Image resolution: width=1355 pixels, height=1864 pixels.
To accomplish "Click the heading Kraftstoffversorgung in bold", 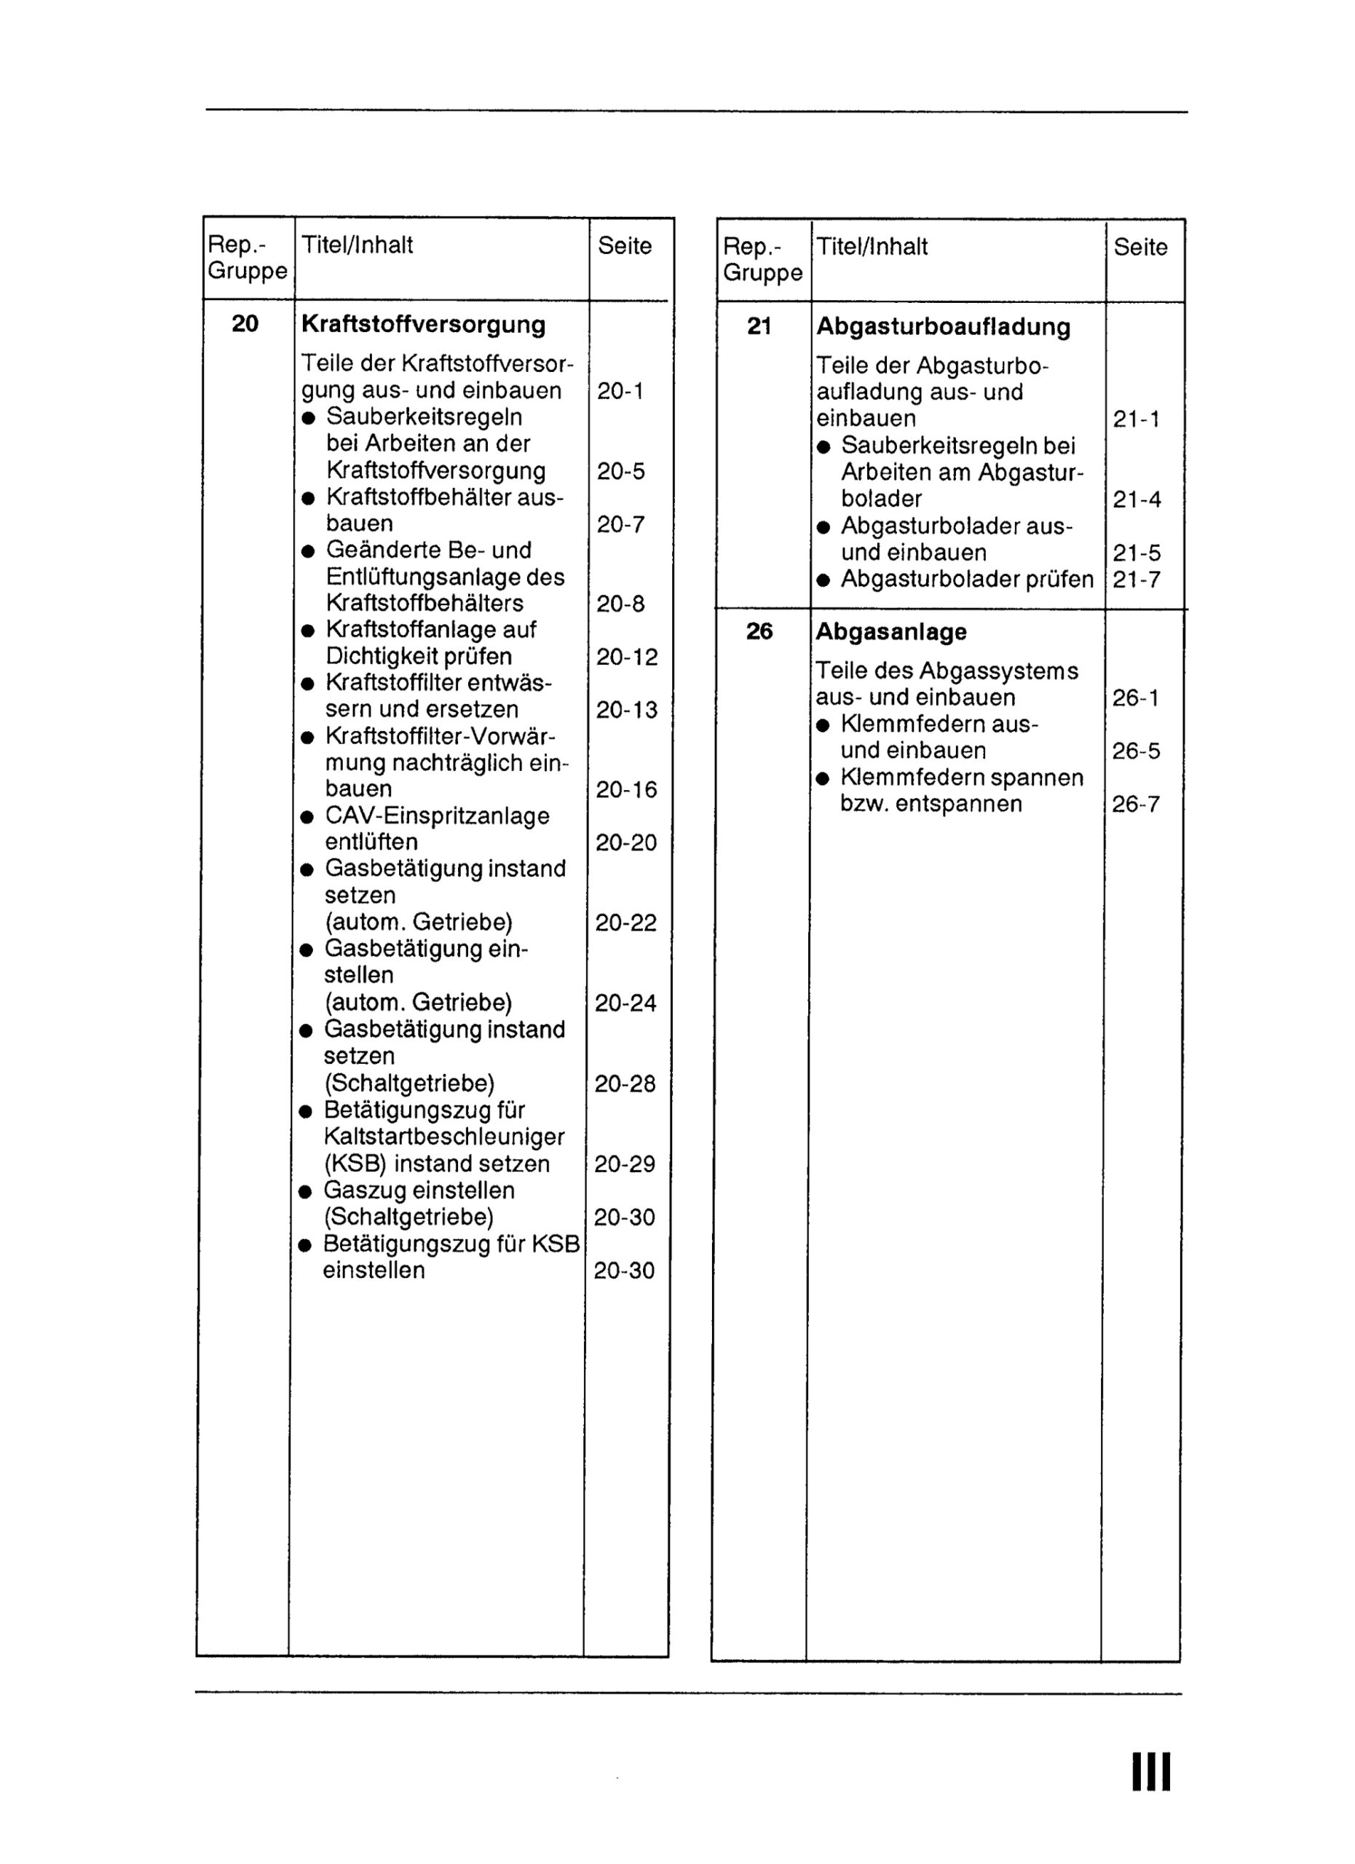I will tap(423, 325).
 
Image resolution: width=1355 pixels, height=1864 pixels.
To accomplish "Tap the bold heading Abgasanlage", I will tap(890, 632).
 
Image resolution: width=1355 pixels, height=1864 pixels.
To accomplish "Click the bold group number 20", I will tap(245, 324).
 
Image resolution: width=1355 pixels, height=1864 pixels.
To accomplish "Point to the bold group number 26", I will tap(759, 631).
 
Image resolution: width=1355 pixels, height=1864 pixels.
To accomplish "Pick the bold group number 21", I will tap(759, 326).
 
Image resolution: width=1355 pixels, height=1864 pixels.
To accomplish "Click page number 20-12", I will tap(627, 657).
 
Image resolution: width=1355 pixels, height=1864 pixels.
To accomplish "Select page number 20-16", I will tap(626, 790).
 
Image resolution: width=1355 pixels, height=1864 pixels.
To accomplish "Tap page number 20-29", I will tap(625, 1164).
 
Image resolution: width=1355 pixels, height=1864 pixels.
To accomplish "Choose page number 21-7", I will tap(1137, 580).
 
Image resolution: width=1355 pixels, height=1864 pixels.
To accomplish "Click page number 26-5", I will tap(1136, 751).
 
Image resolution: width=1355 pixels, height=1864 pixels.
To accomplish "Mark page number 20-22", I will tap(626, 923).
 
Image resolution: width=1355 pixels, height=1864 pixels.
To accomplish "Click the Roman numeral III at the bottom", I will tap(1151, 1773).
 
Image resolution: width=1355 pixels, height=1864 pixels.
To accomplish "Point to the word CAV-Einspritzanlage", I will tap(437, 816).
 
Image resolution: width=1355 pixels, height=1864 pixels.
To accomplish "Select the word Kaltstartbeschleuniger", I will tap(443, 1137).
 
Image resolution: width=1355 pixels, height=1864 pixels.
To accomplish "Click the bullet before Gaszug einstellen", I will tap(306, 1192).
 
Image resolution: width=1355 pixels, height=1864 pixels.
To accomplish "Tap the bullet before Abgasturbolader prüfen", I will tap(823, 581).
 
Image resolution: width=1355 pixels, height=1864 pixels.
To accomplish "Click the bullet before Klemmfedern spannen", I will tap(823, 779).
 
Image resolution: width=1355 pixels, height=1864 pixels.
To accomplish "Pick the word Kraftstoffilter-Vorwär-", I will tap(441, 735).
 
